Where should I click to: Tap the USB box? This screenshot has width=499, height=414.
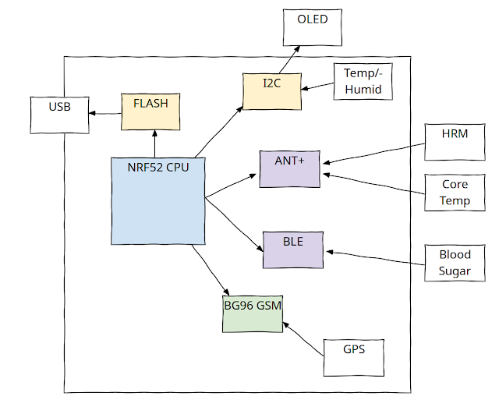coord(59,114)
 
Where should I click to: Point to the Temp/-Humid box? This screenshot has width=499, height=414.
coord(363,82)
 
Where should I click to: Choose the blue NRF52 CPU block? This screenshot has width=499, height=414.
coord(158,200)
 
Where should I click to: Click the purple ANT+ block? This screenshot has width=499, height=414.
coord(289,168)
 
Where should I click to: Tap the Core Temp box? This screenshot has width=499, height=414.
coord(455,193)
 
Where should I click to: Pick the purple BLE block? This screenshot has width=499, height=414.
coord(293,249)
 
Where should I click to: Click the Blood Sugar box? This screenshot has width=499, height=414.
coord(455,263)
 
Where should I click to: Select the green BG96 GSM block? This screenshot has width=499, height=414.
coord(253,313)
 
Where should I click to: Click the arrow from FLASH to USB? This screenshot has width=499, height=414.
coord(105,114)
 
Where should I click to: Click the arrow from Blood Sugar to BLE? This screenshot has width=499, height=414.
coord(375,257)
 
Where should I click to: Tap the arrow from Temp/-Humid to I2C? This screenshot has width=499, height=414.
coord(317,86)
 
